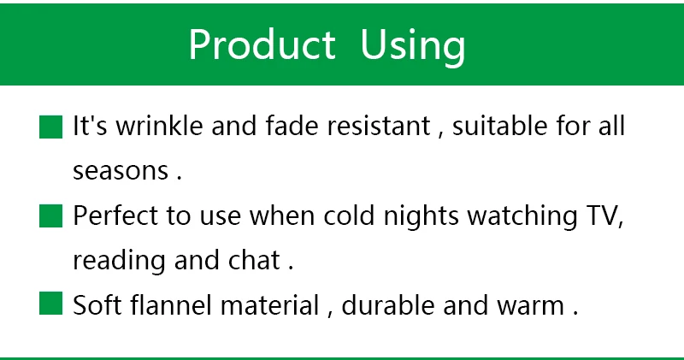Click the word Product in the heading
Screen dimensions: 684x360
(x=262, y=44)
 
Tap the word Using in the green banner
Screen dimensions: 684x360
(x=413, y=47)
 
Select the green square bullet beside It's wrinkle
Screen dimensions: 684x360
(x=50, y=127)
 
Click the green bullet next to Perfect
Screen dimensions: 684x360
(x=50, y=216)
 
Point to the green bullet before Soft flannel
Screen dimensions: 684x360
(x=50, y=304)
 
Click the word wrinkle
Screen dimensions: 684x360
(x=159, y=126)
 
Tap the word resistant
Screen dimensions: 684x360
(x=379, y=126)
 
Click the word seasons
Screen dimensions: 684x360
(x=121, y=171)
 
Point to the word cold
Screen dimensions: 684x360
(x=349, y=215)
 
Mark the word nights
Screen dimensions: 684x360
(x=421, y=217)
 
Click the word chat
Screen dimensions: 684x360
(x=254, y=260)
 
